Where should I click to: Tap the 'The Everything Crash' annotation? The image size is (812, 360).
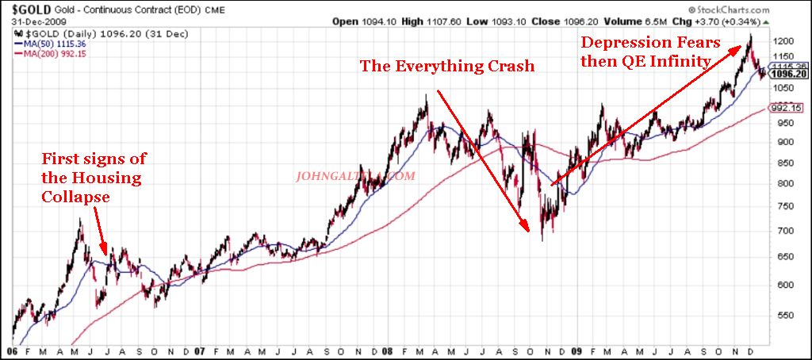447,66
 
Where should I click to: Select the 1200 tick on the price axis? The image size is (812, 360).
785,41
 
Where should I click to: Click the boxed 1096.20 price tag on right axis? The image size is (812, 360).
791,74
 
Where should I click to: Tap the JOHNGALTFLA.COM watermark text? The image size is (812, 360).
354,177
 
